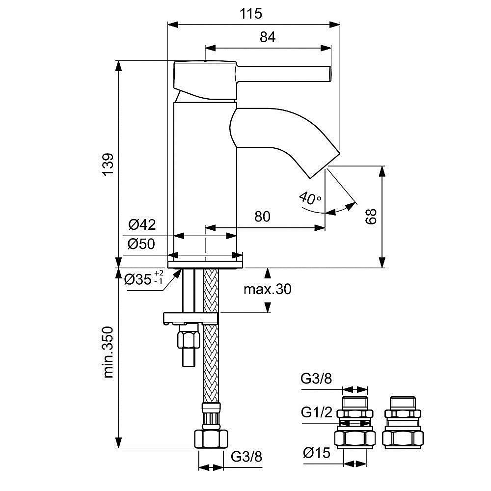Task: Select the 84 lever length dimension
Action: (268, 37)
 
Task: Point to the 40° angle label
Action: (309, 198)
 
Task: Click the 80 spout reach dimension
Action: (262, 217)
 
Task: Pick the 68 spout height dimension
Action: (371, 217)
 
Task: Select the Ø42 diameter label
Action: (142, 225)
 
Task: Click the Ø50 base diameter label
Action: (142, 244)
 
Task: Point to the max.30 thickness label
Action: (267, 290)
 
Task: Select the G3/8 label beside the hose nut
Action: (246, 456)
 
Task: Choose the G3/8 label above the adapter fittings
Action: (316, 378)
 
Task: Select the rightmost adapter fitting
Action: (401, 422)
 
